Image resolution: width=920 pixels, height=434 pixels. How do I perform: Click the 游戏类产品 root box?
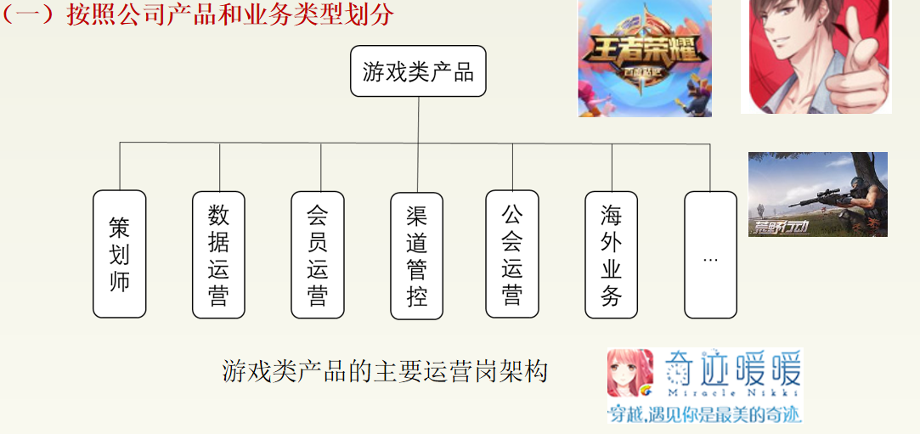418,71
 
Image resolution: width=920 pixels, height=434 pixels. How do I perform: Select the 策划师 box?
120,254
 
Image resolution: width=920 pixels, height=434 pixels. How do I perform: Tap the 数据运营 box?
219,254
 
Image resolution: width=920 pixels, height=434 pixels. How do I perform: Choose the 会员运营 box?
318,254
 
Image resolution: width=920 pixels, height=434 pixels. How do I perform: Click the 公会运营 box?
512,254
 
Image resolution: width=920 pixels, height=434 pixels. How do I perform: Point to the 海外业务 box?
612,254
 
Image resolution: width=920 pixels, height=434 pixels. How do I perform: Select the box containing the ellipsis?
710,254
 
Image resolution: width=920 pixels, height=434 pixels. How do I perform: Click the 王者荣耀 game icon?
645,58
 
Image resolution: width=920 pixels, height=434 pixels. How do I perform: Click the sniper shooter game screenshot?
817,194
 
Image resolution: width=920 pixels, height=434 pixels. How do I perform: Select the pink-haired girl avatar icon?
630,373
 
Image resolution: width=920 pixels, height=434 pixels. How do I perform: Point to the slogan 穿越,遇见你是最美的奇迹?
704,414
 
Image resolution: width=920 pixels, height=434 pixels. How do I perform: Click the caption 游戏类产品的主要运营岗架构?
385,371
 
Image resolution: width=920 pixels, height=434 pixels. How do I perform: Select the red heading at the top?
198,14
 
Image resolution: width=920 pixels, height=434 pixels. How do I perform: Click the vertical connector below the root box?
418,119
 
